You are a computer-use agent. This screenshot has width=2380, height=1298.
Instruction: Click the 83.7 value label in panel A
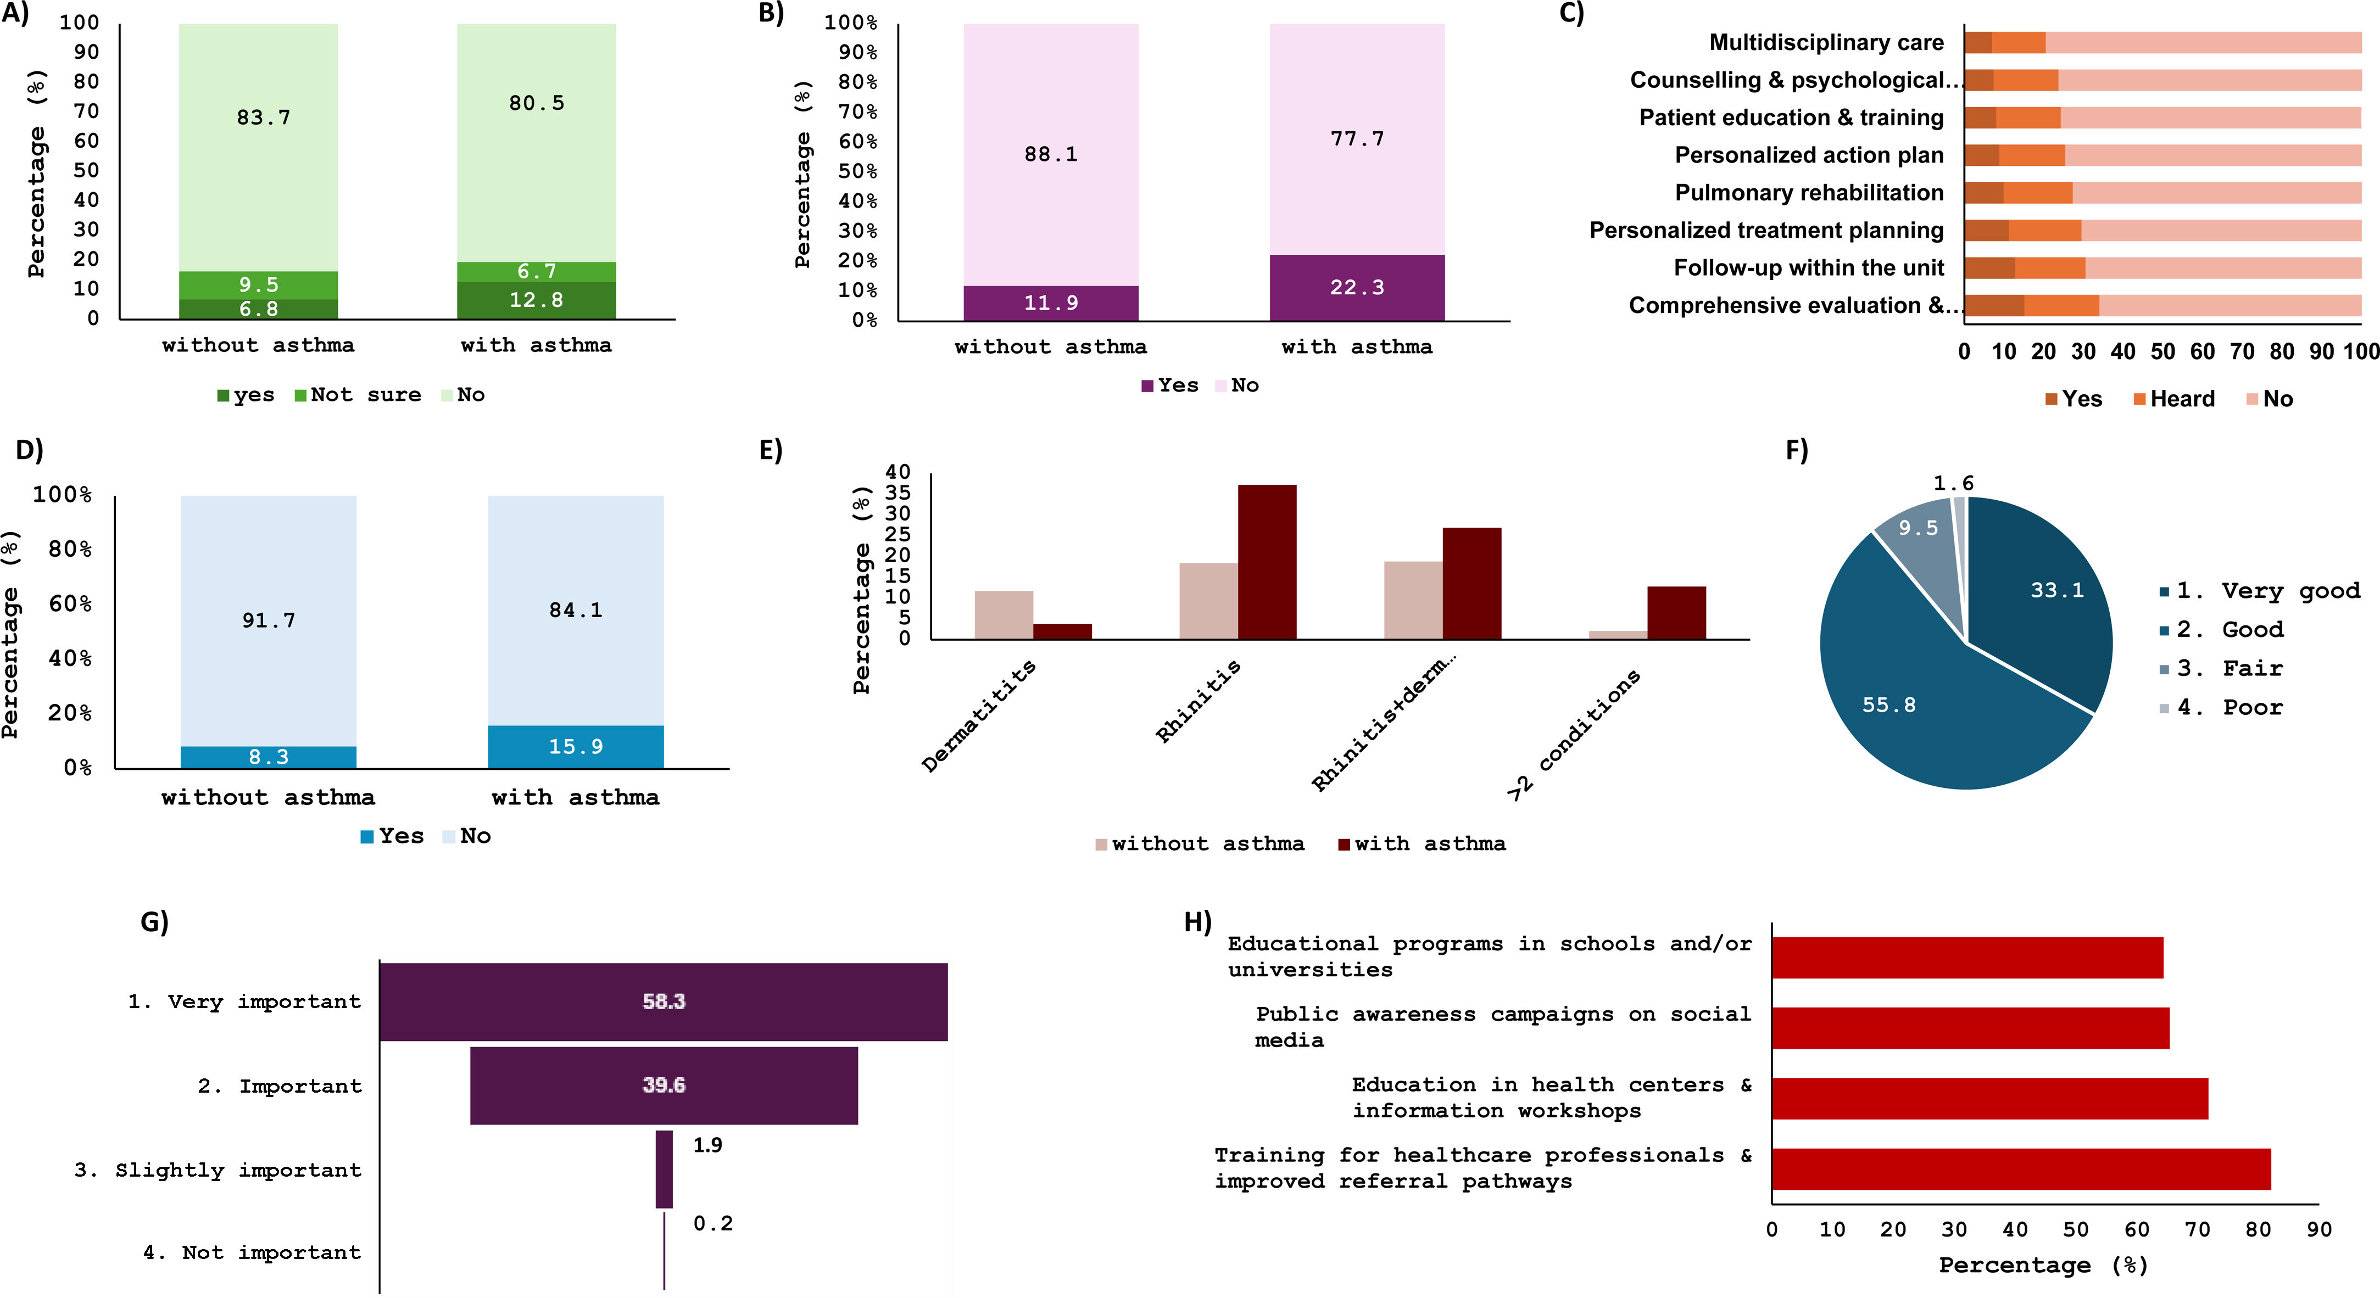[263, 118]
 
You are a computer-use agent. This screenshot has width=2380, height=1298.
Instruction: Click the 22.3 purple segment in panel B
[1356, 287]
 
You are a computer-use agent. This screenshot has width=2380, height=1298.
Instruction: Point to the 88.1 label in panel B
[1051, 154]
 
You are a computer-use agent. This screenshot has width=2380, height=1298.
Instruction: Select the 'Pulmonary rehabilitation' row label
[1809, 192]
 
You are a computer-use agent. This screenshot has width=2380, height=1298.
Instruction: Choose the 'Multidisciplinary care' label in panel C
[1826, 42]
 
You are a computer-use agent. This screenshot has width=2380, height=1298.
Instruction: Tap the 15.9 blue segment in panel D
[576, 747]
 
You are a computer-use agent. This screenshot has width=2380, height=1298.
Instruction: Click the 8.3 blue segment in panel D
[268, 757]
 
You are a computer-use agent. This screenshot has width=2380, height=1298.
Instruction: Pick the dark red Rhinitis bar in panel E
[1267, 562]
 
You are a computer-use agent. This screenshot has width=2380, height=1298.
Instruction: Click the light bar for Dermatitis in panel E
[1004, 614]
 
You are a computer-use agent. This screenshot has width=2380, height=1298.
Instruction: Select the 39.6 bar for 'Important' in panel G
[664, 1086]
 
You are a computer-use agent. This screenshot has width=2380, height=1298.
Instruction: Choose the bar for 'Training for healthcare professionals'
[2021, 1168]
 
